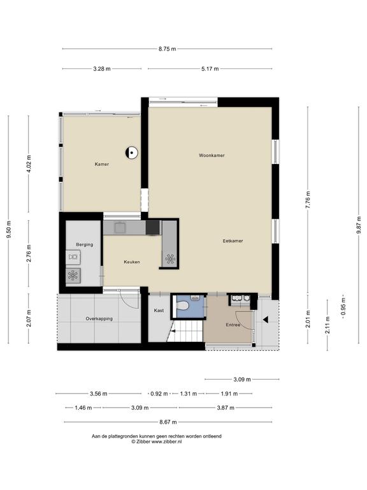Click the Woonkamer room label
pos(212,155)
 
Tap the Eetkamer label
pos(233,241)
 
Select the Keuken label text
pos(132,262)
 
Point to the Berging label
pos(85,245)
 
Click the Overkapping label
pos(99,319)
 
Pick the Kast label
pos(159,310)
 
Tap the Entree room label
pos(233,325)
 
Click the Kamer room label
pos(102,164)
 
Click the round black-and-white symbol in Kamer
pos(131,153)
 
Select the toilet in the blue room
pos(182,306)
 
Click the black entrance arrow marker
pos(266,320)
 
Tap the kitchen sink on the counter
pos(119,228)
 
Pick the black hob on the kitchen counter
pos(153,228)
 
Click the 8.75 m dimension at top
pos(168,48)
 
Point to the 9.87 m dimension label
pos(359,225)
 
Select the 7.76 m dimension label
pos(308,200)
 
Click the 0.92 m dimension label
pos(159,394)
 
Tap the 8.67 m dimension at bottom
pos(168,422)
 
